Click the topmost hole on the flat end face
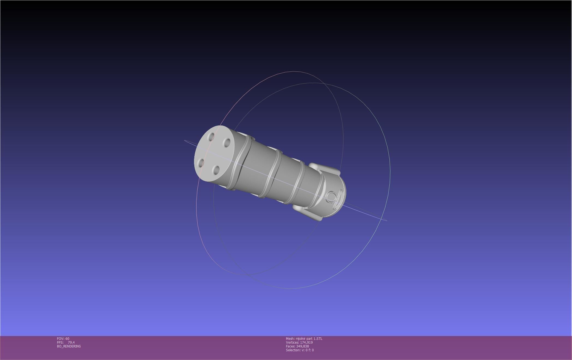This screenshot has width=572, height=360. [x=211, y=136]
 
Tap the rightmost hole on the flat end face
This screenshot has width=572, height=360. [x=227, y=143]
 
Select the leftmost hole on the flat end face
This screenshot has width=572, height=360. [x=201, y=163]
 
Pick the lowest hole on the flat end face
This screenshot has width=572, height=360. [x=216, y=170]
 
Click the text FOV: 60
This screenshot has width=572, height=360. [x=63, y=339]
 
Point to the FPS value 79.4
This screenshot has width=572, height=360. [x=71, y=343]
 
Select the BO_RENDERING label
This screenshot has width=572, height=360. [x=69, y=346]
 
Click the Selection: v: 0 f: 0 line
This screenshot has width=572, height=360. [x=300, y=350]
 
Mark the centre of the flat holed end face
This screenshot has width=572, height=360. [x=214, y=153]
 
